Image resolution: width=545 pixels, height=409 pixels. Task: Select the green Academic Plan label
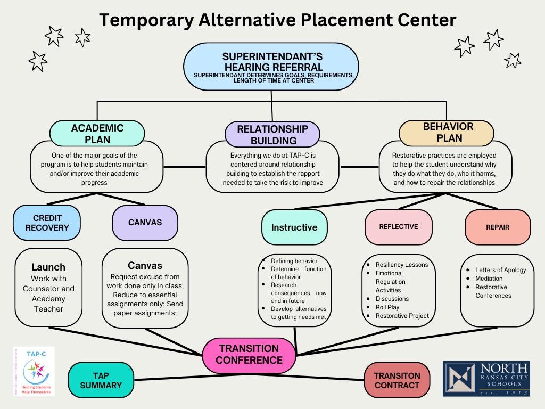pos(97,134)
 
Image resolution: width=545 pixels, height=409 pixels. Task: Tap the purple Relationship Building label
pos(272,135)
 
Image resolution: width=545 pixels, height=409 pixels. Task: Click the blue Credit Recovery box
pos(47,223)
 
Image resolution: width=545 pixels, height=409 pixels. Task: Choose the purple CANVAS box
pos(145,223)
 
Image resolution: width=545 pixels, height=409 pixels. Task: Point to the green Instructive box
pos(294,227)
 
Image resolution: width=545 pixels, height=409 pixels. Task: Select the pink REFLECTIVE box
pos(398,227)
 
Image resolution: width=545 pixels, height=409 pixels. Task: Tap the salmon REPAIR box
pos(498,227)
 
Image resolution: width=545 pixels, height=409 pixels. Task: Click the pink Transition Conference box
pos(249,354)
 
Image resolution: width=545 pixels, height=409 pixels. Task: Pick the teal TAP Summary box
pos(101,380)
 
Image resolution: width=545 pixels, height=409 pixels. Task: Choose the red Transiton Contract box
pos(397,380)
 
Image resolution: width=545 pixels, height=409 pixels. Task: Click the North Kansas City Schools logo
pos(486,379)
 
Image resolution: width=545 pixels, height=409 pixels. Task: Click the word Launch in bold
pos(48,267)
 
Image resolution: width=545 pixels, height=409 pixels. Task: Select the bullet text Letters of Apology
pos(500,270)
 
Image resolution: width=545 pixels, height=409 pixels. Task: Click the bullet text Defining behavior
pos(294,261)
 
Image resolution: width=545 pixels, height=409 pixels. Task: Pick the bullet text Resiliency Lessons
pos(401,265)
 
